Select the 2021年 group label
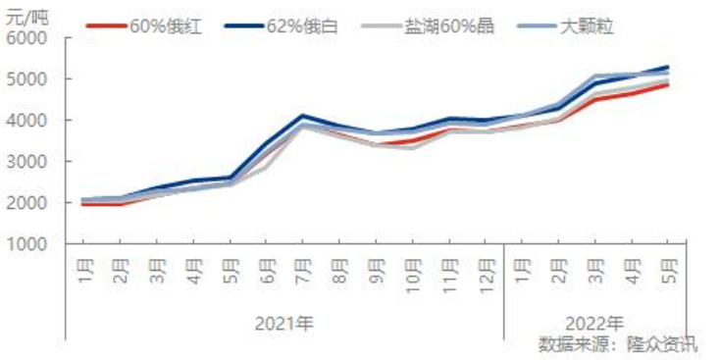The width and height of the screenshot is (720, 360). point(284,321)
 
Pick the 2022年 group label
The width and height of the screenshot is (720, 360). point(594,321)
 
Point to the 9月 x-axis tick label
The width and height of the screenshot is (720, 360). point(377,267)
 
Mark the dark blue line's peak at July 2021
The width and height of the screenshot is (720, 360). point(304,116)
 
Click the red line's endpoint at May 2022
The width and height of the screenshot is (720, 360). point(668,84)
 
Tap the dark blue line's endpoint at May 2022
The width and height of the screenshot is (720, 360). point(668,67)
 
